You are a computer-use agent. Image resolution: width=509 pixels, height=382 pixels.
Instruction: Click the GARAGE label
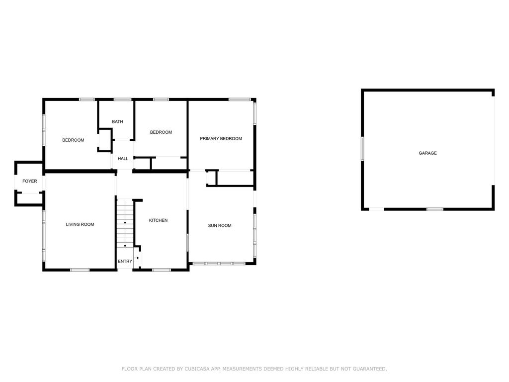click(427, 153)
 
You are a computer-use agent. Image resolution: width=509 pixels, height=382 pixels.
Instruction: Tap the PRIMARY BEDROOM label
click(221, 139)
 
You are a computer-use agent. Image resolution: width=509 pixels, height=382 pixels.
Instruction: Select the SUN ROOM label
click(220, 226)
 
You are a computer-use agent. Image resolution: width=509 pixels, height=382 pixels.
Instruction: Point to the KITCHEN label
click(159, 220)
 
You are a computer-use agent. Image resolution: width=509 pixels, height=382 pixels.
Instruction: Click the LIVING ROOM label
click(80, 225)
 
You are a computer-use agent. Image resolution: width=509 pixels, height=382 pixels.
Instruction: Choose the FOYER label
click(30, 182)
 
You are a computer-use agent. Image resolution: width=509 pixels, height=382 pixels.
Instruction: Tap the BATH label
click(117, 122)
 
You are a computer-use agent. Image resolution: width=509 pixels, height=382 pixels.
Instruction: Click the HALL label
click(123, 159)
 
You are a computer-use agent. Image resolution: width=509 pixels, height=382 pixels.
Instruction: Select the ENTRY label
click(125, 262)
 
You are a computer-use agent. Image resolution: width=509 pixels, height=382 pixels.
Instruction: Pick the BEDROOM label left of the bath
click(73, 140)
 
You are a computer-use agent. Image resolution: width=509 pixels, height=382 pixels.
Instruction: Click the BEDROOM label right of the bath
click(161, 132)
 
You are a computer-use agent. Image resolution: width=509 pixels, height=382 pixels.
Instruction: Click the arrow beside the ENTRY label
click(137, 258)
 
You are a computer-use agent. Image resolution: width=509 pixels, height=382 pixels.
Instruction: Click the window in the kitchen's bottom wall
click(161, 270)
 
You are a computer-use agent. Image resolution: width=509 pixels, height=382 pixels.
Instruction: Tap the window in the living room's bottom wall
click(80, 270)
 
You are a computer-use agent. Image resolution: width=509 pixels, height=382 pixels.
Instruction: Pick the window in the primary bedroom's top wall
click(239, 99)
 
